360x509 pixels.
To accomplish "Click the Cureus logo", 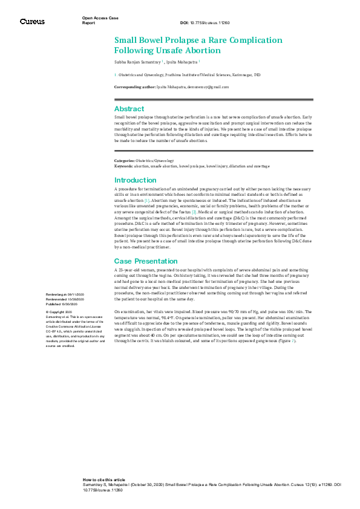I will [x=32, y=22].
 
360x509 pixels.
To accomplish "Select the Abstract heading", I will [x=129, y=109].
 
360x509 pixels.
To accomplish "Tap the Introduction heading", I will [x=136, y=180].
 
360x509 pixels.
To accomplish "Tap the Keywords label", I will [x=124, y=165].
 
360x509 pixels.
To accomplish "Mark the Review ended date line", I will [x=63, y=299].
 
